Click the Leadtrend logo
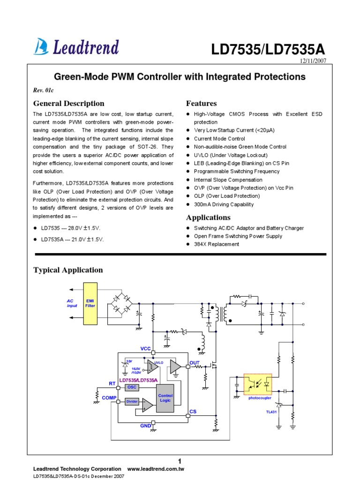pos(76,46)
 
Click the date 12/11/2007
pos(312,61)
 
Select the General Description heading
pos(68,104)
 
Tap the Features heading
pos(201,104)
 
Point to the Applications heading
pos(208,217)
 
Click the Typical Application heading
pos(68,270)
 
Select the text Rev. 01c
pos(44,90)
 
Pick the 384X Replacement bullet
pos(216,244)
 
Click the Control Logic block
pos(165,398)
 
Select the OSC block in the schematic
pos(132,387)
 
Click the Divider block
pos(132,402)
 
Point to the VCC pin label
pos(146,349)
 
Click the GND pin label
pos(146,426)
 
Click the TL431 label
pos(266,412)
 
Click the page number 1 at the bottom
pos(180,461)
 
